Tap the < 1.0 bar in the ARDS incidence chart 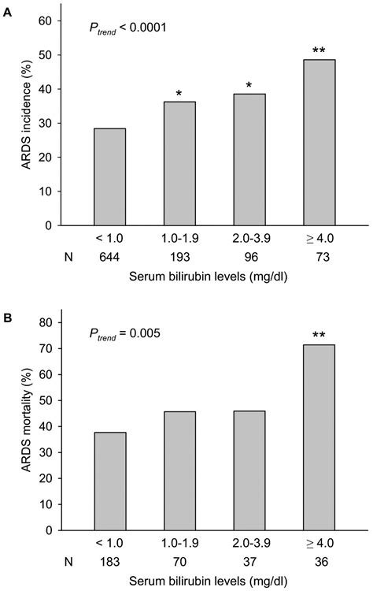click(110, 177)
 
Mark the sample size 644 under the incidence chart click(110, 258)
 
